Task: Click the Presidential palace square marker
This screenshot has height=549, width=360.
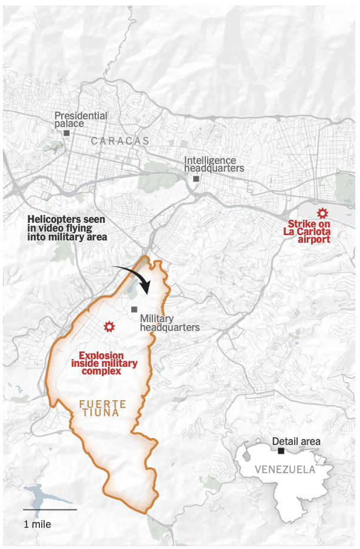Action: (x=66, y=133)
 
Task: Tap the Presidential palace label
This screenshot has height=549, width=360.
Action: (x=81, y=119)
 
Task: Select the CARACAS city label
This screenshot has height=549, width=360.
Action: (x=121, y=141)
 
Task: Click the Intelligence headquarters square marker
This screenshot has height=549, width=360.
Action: (x=196, y=179)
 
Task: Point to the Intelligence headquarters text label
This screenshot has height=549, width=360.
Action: (x=214, y=164)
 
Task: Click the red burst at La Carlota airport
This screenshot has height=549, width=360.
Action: (x=322, y=213)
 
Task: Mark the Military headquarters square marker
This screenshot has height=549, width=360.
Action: (x=135, y=309)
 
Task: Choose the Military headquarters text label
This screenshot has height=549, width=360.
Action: (x=169, y=323)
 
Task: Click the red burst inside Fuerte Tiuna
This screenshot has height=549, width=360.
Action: (x=108, y=326)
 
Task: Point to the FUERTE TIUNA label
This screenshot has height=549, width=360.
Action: (x=104, y=408)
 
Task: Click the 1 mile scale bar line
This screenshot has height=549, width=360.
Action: (x=49, y=510)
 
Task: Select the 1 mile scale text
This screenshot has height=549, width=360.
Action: (x=37, y=524)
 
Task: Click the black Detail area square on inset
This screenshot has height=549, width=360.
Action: (x=281, y=451)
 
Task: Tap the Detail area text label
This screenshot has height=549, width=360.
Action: (x=296, y=441)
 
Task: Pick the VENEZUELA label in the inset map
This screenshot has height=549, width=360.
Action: (x=285, y=470)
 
